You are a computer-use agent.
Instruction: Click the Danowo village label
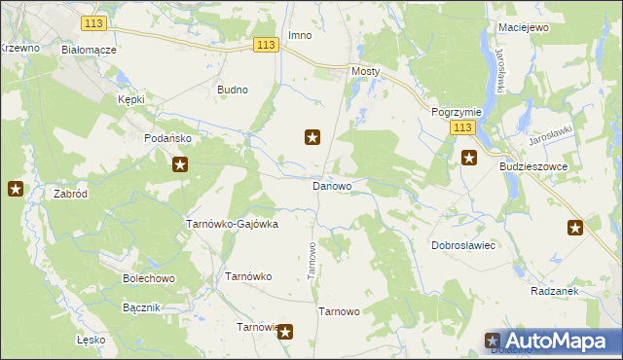point(331,185)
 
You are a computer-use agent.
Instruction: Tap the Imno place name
point(299,36)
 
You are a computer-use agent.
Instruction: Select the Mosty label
point(365,72)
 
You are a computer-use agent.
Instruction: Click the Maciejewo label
point(523,27)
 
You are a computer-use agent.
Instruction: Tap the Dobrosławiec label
point(464,245)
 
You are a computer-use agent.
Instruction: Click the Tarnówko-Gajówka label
point(232,224)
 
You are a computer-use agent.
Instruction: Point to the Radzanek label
point(556,291)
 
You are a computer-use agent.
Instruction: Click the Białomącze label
point(89,50)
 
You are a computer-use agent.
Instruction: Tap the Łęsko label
point(90,341)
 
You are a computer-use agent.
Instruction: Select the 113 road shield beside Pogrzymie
point(462,128)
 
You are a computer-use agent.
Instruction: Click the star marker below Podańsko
point(180,165)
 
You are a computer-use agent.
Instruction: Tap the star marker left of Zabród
point(16,189)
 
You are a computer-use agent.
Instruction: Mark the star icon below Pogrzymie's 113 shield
point(468,158)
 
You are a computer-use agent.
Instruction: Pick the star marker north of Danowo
point(312,137)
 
